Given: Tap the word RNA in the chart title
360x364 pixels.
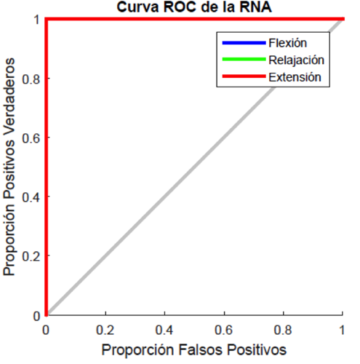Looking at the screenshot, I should point(246,8).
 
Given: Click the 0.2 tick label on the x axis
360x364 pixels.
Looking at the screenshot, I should point(105,329).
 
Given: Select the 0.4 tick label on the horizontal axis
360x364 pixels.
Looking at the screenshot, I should point(165,329).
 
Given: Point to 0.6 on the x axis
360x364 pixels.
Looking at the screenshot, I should point(224,329).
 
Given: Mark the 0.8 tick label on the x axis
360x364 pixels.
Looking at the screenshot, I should point(284,329).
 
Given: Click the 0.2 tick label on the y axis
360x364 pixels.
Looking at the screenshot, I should point(31,256).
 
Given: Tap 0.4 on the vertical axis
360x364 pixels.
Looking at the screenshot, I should point(31,197).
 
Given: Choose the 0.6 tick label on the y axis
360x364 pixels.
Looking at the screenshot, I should point(31,138).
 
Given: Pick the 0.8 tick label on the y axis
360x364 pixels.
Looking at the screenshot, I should point(31,79).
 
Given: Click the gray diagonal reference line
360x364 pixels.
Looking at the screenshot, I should point(194,167).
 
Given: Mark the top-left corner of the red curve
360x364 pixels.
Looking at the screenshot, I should point(47,19).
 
